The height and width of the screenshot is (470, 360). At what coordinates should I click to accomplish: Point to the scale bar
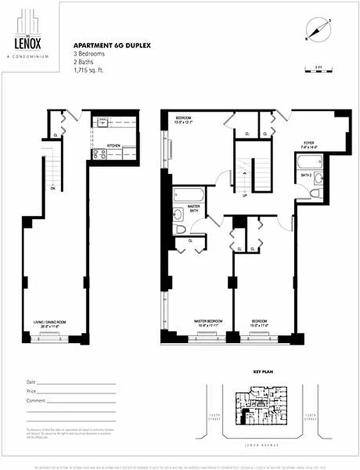[318, 70]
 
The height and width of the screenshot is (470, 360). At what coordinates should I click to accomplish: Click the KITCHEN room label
[113, 145]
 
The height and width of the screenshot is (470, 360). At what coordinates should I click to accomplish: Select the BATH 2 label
[306, 175]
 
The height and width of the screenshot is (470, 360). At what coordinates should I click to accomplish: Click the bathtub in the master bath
[189, 194]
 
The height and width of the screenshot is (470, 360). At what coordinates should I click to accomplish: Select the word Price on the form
[32, 391]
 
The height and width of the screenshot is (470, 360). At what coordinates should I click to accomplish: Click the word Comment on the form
[36, 400]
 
